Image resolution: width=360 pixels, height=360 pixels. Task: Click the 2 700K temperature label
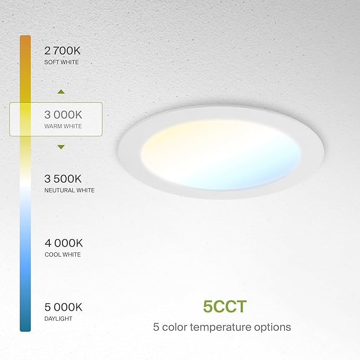(64, 51)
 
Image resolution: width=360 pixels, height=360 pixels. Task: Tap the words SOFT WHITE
(62, 63)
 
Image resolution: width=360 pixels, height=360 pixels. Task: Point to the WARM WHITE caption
(63, 126)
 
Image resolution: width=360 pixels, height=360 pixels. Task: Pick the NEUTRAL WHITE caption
(69, 190)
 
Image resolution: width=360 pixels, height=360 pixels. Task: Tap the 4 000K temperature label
(64, 243)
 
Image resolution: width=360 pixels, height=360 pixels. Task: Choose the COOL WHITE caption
(63, 254)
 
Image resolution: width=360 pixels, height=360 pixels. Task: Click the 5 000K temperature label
(64, 306)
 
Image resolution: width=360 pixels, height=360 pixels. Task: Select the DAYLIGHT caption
(58, 319)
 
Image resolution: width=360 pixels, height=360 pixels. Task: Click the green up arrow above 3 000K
(61, 92)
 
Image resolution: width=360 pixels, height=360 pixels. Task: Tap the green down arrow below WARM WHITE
(61, 147)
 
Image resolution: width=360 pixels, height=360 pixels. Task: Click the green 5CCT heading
(225, 306)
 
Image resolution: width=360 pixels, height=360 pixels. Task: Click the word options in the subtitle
(274, 327)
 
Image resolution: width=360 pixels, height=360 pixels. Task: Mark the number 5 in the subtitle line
(156, 327)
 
